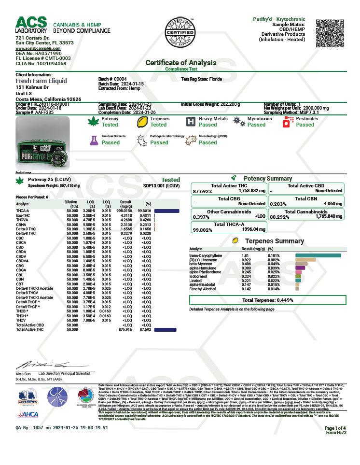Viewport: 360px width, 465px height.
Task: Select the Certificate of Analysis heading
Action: click(181, 63)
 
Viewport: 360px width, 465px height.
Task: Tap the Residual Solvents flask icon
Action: click(94, 140)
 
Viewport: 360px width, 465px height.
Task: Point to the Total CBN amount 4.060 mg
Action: click(333, 204)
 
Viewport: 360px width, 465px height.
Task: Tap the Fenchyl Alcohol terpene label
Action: click(203, 289)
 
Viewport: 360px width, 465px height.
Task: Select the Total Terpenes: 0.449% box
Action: click(267, 300)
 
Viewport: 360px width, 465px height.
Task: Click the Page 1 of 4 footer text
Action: click(335, 428)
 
